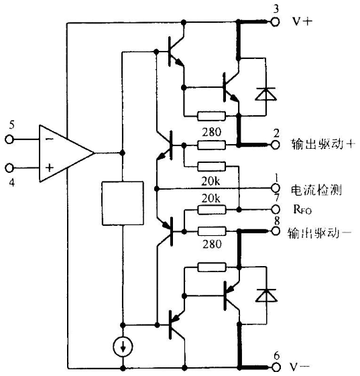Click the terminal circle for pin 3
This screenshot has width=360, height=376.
pyautogui.click(x=275, y=22)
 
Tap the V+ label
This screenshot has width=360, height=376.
pyautogui.click(x=302, y=21)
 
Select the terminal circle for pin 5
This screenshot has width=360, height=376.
pyautogui.click(x=9, y=139)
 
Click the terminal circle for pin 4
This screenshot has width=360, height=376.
pyautogui.click(x=9, y=168)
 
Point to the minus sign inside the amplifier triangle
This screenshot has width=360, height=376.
pyautogui.click(x=50, y=139)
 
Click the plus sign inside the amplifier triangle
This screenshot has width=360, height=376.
pyautogui.click(x=50, y=168)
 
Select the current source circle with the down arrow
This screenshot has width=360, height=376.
pyautogui.click(x=123, y=347)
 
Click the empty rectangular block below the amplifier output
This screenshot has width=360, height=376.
pyautogui.click(x=123, y=203)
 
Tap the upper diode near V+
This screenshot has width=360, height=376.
pyautogui.click(x=265, y=94)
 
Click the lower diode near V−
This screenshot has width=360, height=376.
pyautogui.click(x=266, y=295)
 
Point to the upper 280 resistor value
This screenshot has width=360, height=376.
pyautogui.click(x=212, y=132)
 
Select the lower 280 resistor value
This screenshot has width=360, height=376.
pyautogui.click(x=212, y=244)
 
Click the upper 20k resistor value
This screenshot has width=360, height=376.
pyautogui.click(x=211, y=181)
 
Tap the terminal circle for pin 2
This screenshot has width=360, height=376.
pyautogui.click(x=275, y=145)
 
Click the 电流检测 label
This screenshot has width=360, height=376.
pyautogui.click(x=316, y=190)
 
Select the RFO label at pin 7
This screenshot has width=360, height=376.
pyautogui.click(x=302, y=210)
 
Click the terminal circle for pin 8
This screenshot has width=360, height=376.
pyautogui.click(x=276, y=231)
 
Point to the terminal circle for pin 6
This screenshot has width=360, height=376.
pyautogui.click(x=276, y=367)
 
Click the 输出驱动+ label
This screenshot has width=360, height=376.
pyautogui.click(x=323, y=144)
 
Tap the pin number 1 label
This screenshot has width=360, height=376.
pyautogui.click(x=276, y=178)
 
